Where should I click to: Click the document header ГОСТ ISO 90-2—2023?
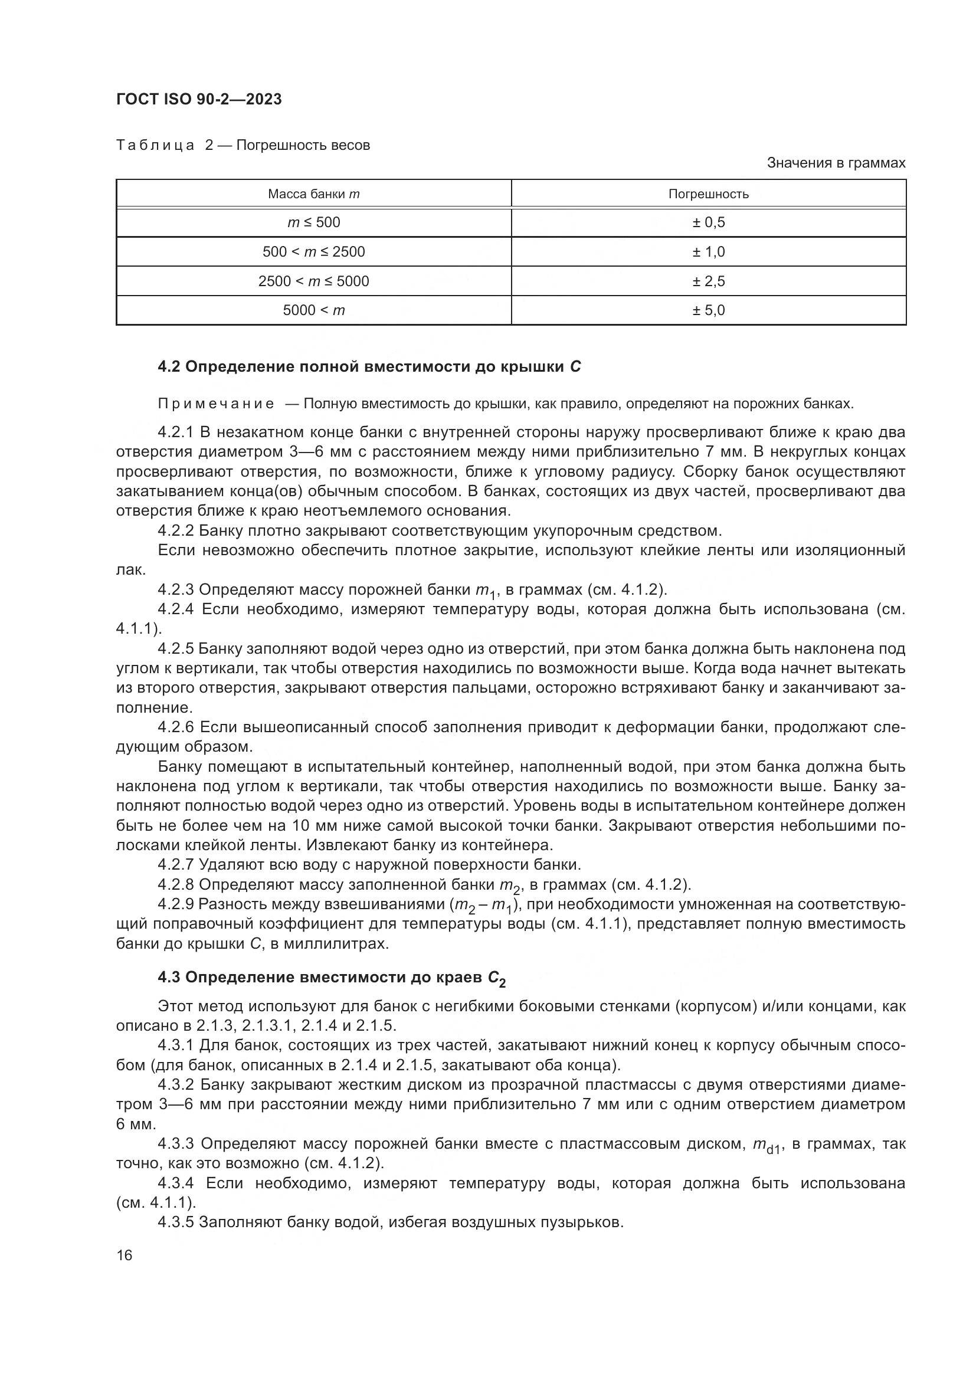[199, 99]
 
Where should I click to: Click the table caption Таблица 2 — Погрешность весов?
[243, 145]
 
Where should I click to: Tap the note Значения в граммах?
[836, 163]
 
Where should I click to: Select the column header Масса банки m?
[313, 194]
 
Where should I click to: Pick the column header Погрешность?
[708, 194]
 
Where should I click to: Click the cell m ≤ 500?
[313, 222]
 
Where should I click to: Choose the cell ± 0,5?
[708, 222]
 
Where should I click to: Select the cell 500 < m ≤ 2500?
[313, 252]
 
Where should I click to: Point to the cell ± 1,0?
[708, 252]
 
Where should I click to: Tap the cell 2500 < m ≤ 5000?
[313, 281]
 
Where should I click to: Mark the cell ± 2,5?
[708, 281]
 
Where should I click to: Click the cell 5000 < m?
[313, 310]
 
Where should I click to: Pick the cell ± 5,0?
[708, 310]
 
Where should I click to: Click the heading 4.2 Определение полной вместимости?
[369, 366]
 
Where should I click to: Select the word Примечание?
[216, 404]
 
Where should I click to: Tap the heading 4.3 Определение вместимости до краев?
[331, 978]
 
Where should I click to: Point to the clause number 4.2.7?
[175, 865]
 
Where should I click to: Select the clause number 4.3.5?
[175, 1222]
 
